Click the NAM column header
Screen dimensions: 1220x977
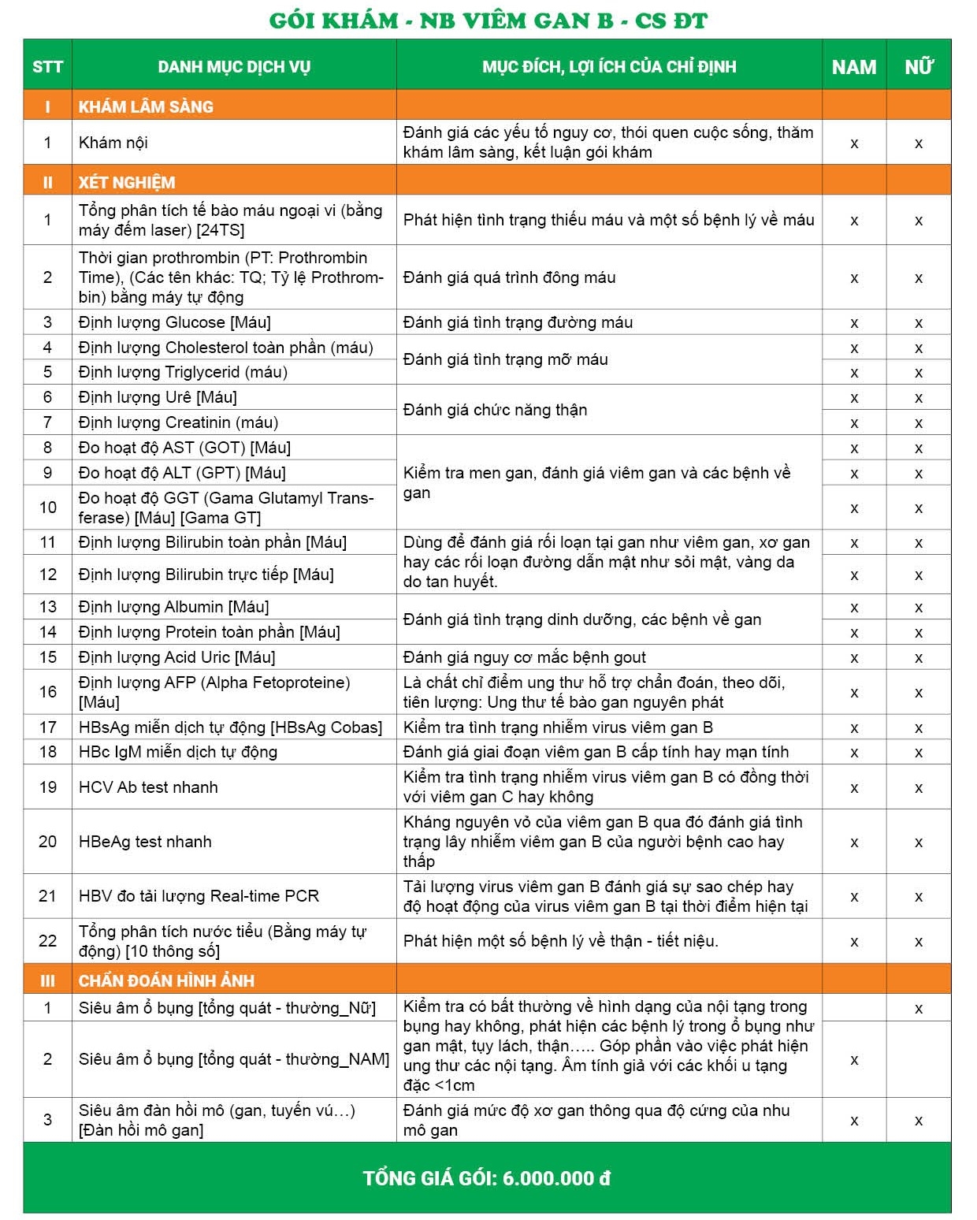click(854, 67)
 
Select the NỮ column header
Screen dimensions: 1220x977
click(919, 67)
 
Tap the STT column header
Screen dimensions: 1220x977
click(47, 67)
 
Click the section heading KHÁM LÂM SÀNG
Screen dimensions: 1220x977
click(146, 106)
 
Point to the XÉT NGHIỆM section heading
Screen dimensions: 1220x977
click(127, 182)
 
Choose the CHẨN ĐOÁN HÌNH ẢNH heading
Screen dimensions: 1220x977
click(166, 980)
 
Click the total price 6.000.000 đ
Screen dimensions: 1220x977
click(556, 1178)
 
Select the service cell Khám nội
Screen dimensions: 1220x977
click(113, 143)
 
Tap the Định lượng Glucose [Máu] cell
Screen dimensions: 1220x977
click(175, 322)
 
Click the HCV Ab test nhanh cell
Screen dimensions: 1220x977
click(148, 787)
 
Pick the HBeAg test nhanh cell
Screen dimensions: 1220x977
click(145, 841)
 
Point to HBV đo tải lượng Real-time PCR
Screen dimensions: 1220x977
click(199, 896)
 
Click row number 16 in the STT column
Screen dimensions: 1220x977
click(47, 692)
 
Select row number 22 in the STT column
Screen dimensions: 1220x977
click(47, 941)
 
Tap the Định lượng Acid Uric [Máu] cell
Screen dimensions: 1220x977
click(177, 657)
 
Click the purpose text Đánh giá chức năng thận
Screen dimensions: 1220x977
click(495, 410)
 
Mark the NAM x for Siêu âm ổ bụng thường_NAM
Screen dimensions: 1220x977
click(854, 1060)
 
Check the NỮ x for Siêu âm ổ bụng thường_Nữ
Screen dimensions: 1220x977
click(919, 1009)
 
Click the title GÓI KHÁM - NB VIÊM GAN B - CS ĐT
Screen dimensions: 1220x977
click(488, 20)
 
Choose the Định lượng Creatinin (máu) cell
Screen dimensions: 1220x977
click(179, 422)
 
